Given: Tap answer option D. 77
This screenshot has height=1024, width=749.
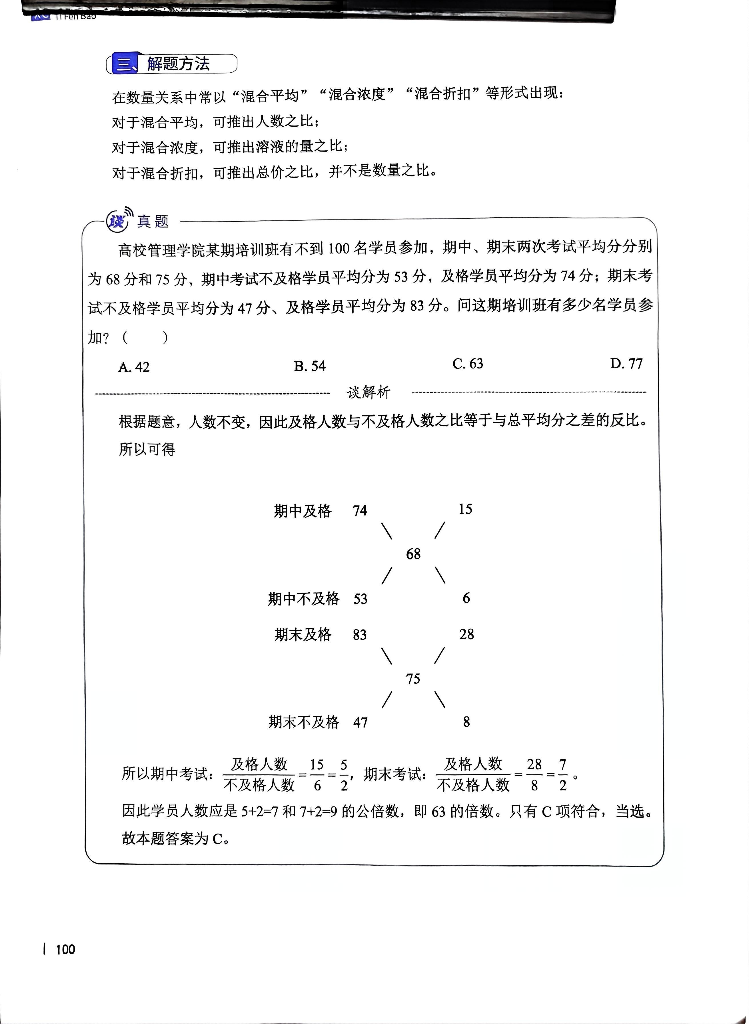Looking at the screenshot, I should point(626,363).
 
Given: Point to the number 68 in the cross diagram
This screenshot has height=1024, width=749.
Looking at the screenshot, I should point(413,554).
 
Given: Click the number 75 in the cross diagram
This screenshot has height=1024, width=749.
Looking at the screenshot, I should point(412,679).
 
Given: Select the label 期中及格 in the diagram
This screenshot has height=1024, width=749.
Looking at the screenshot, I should point(303,511).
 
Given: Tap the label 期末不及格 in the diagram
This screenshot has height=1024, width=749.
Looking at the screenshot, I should point(303,722).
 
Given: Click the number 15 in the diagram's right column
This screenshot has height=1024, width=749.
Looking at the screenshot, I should point(465,509).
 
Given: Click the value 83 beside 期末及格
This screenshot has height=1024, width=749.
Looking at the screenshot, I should point(360,635).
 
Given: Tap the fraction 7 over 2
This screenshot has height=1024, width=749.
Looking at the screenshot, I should point(563,775).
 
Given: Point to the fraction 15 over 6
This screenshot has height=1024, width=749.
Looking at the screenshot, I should point(317,775).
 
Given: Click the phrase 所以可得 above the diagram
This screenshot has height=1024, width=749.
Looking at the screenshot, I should point(147,449).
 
